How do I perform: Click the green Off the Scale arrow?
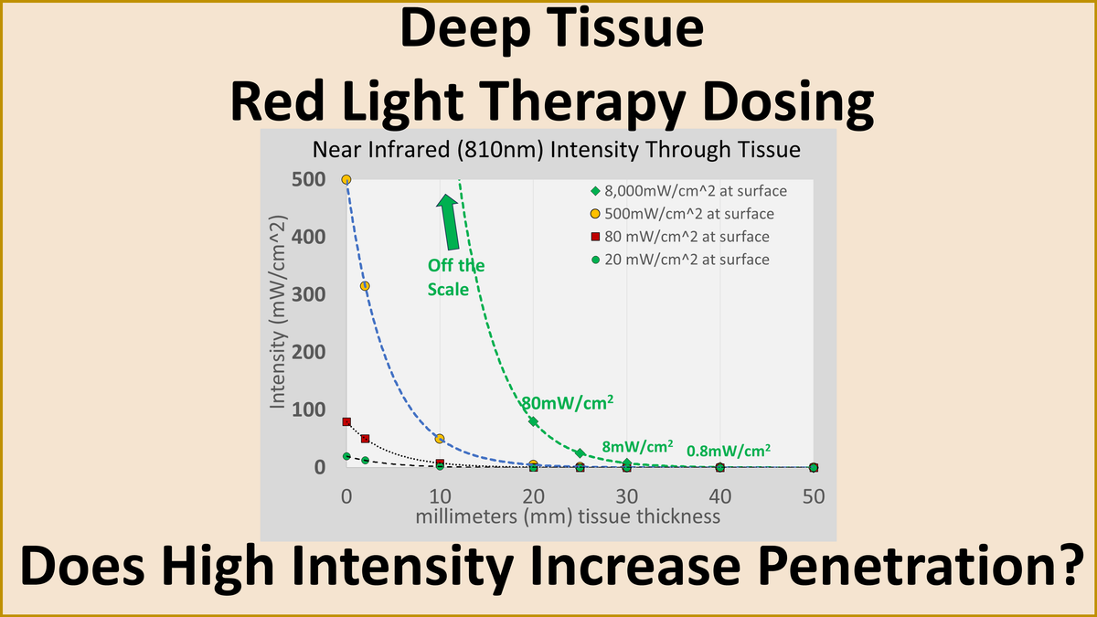(449, 222)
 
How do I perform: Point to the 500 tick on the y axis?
(309, 179)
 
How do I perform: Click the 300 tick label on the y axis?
(309, 294)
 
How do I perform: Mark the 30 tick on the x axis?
(626, 496)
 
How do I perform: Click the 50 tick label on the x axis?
(814, 496)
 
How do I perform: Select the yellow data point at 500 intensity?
(346, 179)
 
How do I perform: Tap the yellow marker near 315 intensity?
(365, 286)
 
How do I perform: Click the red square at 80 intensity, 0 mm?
(346, 421)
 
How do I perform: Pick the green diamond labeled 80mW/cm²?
(534, 421)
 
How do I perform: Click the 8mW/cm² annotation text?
(637, 447)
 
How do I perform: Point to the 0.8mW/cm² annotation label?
(728, 450)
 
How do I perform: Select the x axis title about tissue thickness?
(567, 516)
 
